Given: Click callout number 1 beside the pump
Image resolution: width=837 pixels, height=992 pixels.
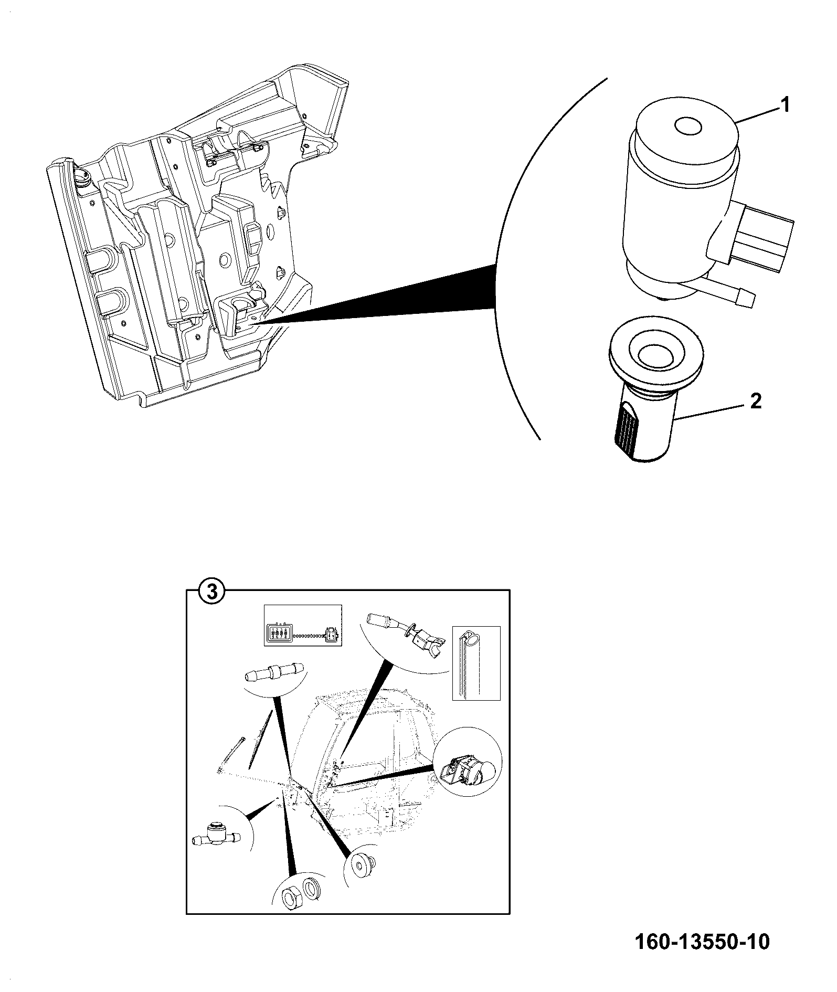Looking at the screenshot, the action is (785, 105).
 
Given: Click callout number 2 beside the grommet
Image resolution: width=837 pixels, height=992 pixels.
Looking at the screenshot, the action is (756, 402).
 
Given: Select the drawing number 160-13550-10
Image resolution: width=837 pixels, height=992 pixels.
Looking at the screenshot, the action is (702, 942).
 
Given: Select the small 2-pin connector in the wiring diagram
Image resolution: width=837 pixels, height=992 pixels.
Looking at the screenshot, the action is (331, 634).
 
